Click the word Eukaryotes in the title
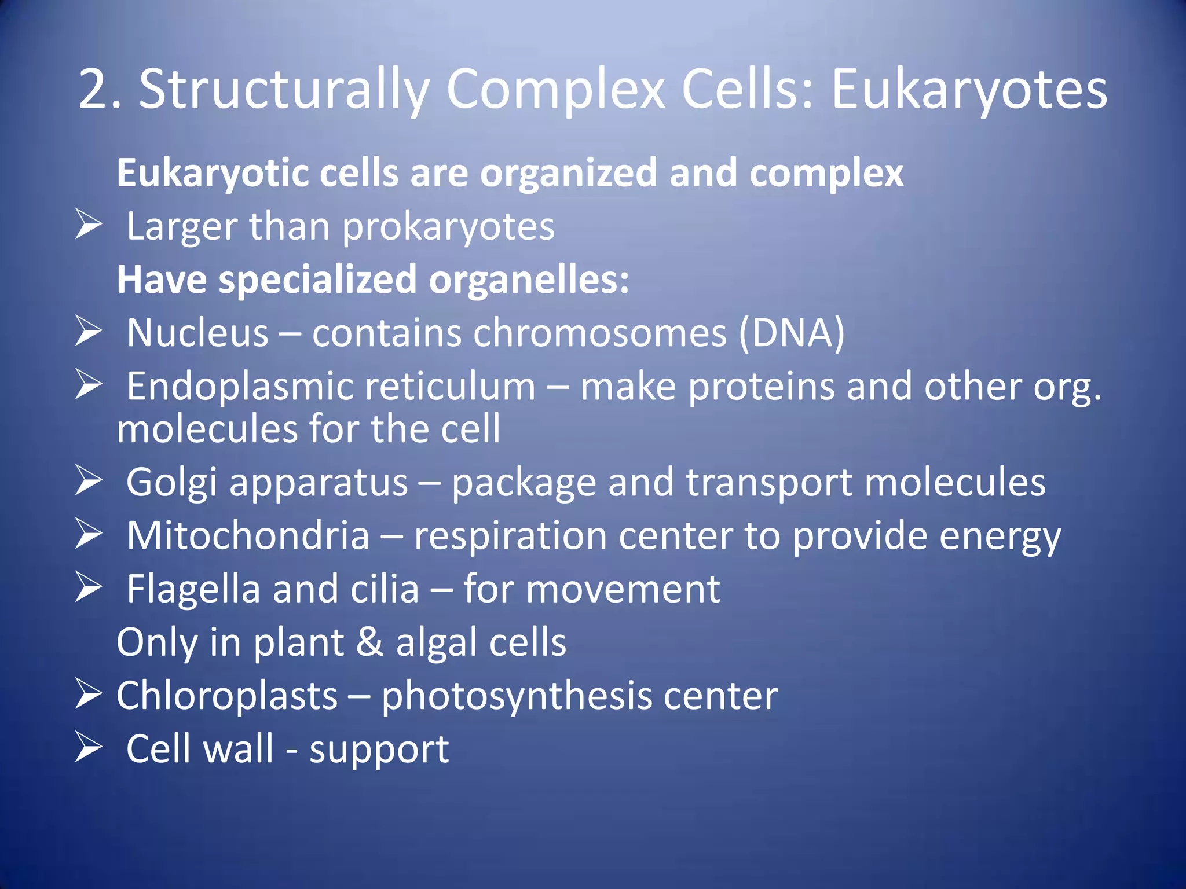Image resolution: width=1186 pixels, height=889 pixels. click(x=969, y=90)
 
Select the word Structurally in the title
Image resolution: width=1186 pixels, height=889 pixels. click(x=284, y=90)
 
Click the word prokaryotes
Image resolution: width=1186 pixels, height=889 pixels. click(x=448, y=227)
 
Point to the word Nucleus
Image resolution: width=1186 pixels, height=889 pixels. click(x=197, y=333)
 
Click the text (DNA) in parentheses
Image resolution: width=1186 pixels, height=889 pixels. click(x=791, y=333)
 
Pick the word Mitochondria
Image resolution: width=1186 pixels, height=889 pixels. click(x=248, y=536)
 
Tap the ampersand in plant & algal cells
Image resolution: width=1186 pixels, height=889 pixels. click(x=369, y=642)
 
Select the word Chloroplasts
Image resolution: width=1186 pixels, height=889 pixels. click(x=226, y=696)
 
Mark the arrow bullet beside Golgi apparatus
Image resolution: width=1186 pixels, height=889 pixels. click(x=89, y=481)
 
